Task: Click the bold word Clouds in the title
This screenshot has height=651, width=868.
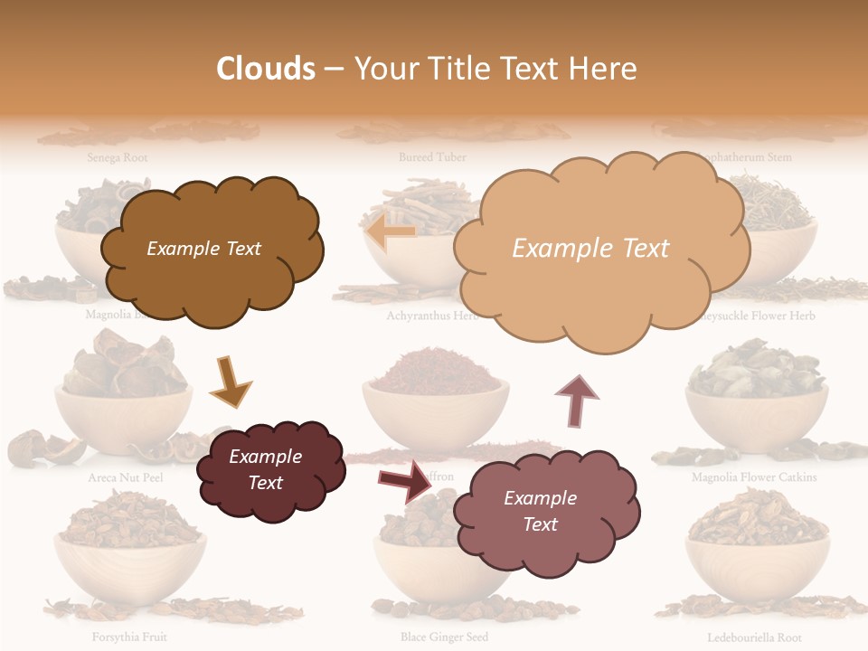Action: [266, 69]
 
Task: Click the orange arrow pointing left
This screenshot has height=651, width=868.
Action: [392, 232]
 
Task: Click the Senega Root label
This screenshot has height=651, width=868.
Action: [118, 157]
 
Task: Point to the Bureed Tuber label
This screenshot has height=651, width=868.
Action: [432, 157]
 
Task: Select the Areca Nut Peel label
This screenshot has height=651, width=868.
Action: [126, 477]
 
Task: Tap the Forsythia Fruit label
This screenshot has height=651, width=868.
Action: [129, 637]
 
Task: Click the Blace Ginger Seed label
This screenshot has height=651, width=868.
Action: [444, 637]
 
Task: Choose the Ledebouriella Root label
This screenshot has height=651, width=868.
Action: [753, 637]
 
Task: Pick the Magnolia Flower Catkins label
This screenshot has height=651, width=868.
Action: [754, 477]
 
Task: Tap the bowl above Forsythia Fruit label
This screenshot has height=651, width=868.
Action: [129, 564]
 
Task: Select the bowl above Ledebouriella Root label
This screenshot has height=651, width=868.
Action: [757, 564]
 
